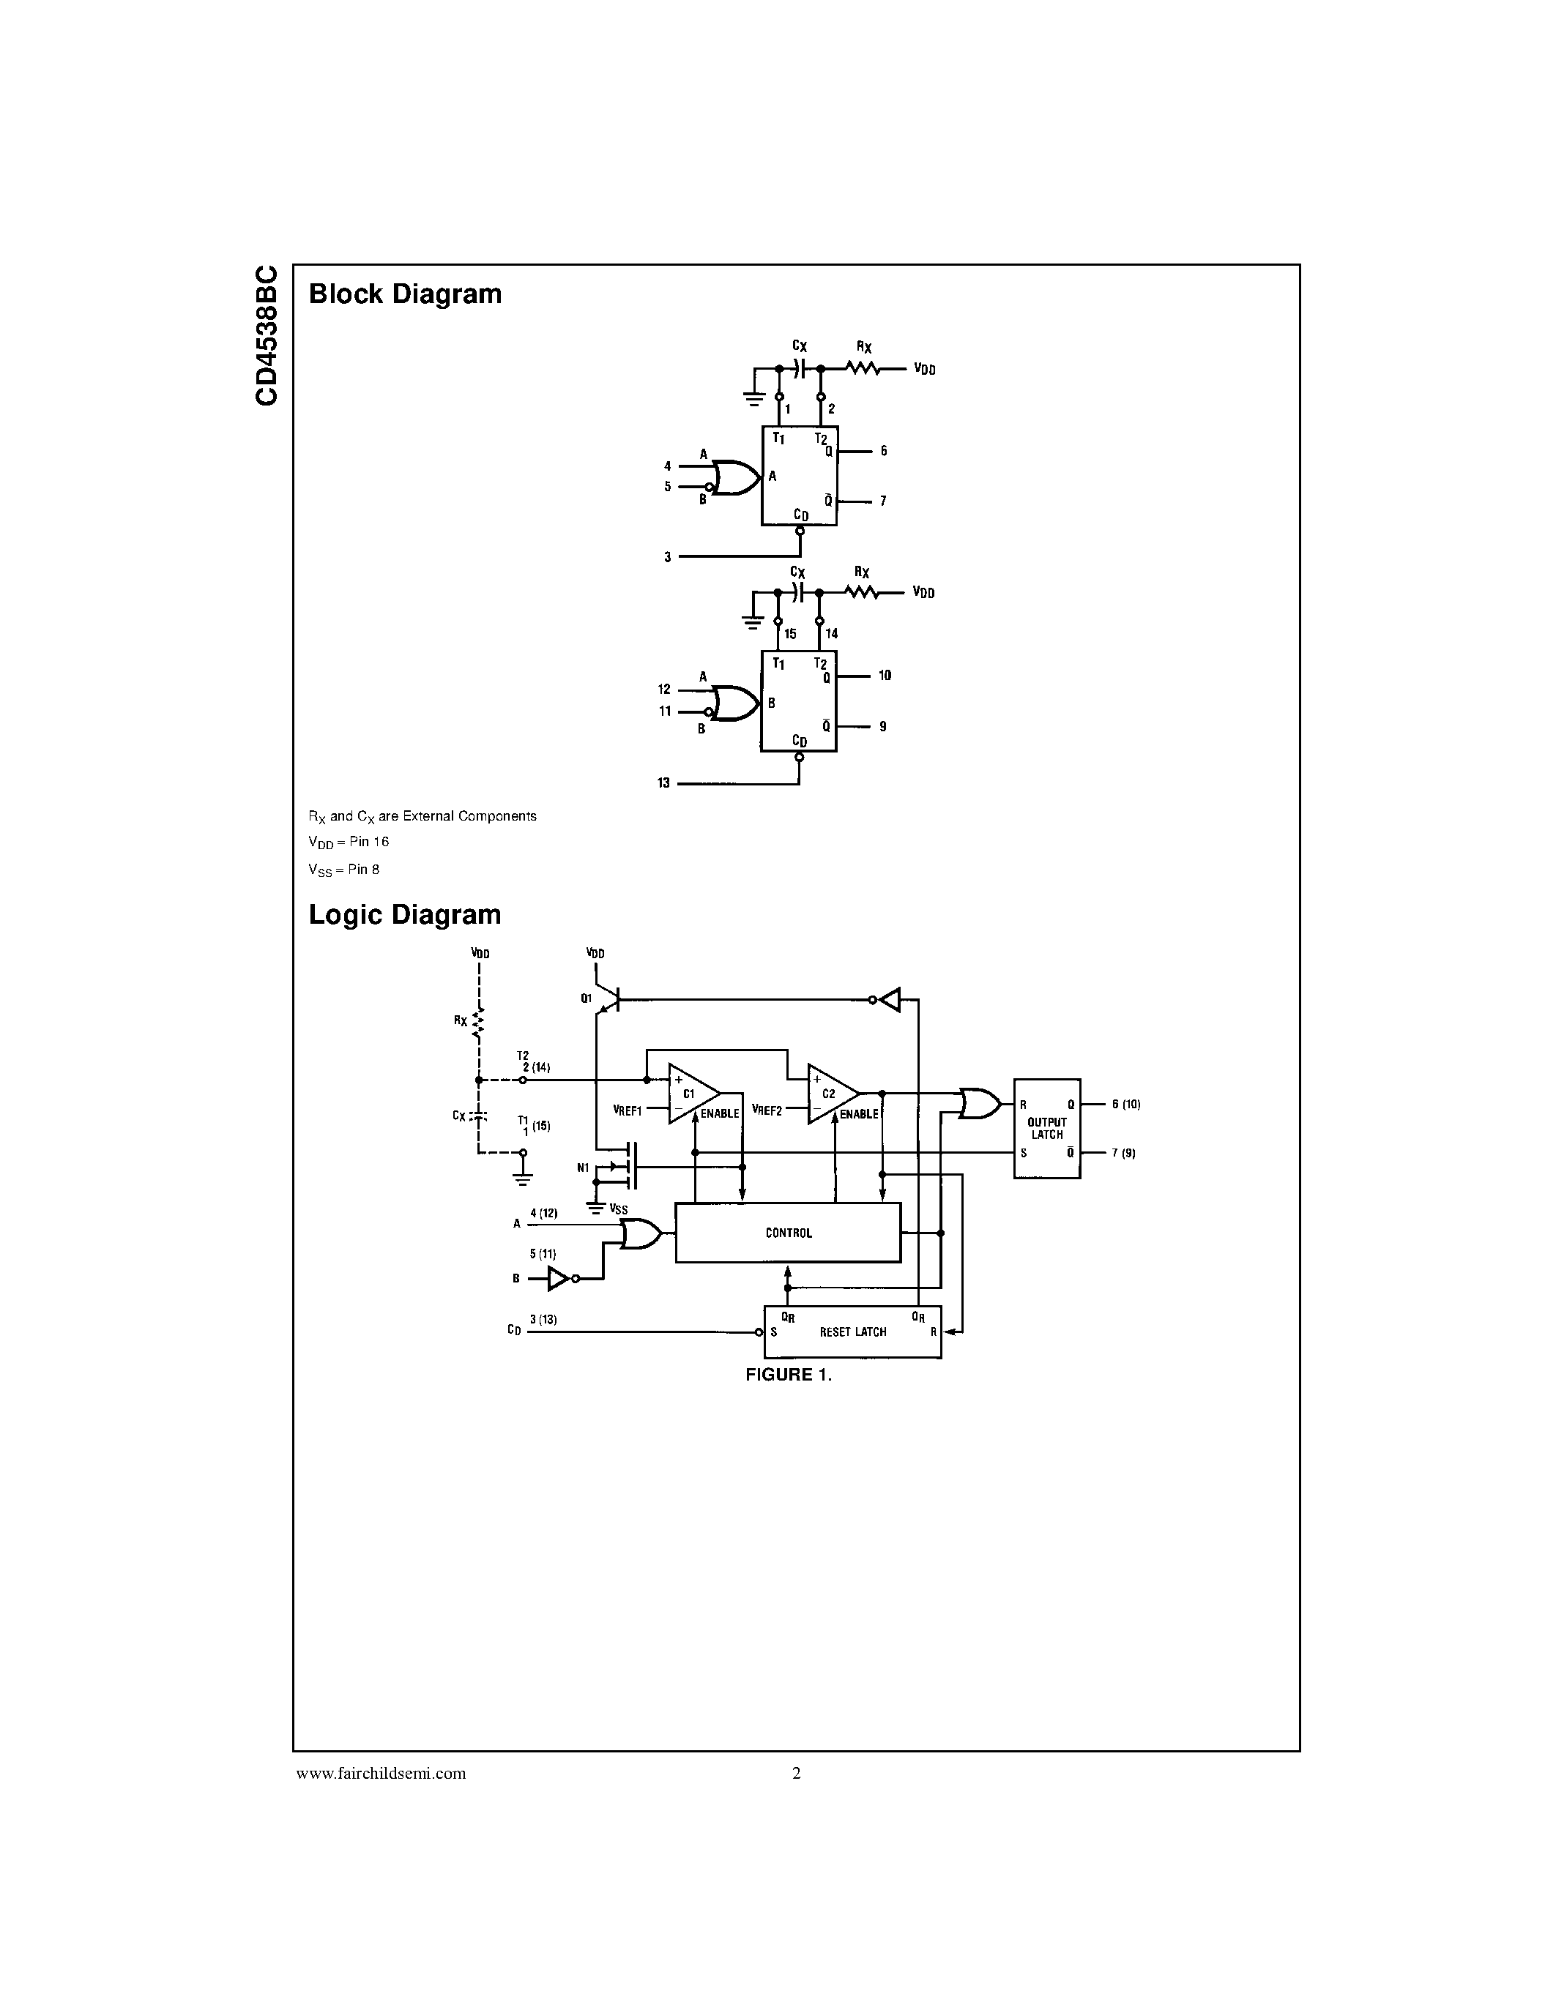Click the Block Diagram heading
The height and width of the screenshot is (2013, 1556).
405,294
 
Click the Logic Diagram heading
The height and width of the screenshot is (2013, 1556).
405,914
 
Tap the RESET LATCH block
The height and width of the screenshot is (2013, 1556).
852,1332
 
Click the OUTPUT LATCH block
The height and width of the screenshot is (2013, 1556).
1046,1128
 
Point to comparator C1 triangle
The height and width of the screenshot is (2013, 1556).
690,1094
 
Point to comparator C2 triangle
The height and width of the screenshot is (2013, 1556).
830,1094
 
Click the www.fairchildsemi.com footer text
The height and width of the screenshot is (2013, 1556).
381,1774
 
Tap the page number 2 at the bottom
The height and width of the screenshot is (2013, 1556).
797,1774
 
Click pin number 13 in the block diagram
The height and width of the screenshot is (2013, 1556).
663,783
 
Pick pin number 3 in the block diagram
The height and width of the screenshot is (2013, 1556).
667,558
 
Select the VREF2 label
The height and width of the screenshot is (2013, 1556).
767,1110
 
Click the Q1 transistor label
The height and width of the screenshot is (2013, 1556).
587,998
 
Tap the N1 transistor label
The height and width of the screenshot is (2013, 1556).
583,1168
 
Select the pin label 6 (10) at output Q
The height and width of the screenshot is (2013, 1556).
1125,1104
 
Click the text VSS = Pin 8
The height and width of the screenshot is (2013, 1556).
344,869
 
